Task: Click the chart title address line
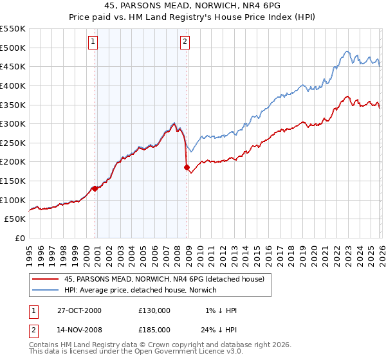(x=193, y=5)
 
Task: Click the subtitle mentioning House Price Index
(x=193, y=17)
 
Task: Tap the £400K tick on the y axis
(x=13, y=85)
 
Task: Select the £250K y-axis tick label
(x=13, y=143)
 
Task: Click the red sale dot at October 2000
(x=95, y=188)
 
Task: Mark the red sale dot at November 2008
(x=187, y=168)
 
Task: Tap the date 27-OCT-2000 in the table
(x=79, y=310)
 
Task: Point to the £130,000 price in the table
(x=154, y=310)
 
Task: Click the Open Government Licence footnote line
(x=136, y=352)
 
